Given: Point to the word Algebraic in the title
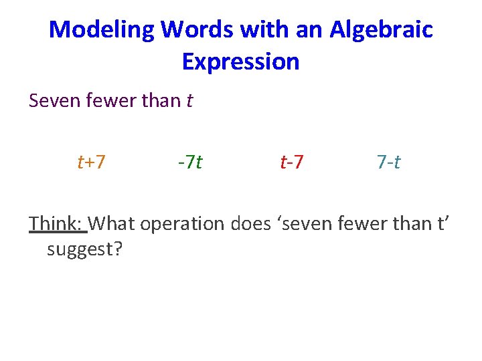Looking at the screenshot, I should click(x=381, y=30).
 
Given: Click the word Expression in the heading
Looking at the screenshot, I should click(x=240, y=62).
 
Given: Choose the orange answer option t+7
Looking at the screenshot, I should click(x=91, y=162).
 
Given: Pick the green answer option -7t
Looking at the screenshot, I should click(x=190, y=162).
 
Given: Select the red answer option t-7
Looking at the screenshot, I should click(x=292, y=162).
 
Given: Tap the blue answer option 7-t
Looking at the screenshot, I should click(x=388, y=162).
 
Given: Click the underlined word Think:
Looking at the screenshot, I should click(x=58, y=223).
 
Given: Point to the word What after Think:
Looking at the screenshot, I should click(x=112, y=223).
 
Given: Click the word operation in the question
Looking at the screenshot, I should click(x=183, y=223).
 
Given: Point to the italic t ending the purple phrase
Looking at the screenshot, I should click(x=189, y=101).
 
